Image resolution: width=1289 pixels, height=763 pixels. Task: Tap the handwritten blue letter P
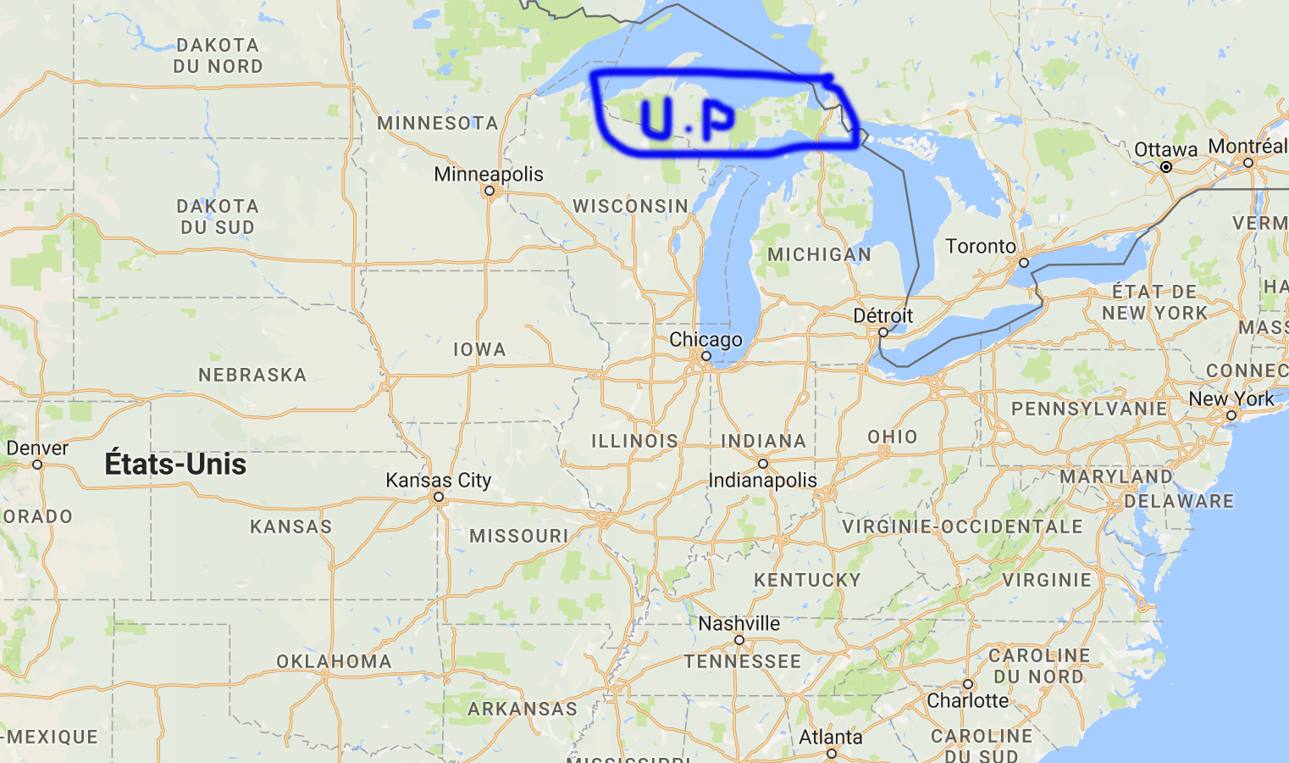coord(716,122)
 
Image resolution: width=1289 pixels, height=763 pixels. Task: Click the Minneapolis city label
coord(489,174)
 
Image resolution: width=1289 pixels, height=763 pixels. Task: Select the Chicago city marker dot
coord(705,356)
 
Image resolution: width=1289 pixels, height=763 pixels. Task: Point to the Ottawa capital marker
coord(1166,167)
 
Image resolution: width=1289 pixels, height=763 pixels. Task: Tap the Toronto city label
coord(980,247)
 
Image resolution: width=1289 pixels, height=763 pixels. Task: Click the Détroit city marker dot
coord(882,332)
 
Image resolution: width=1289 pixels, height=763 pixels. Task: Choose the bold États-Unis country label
coord(175,465)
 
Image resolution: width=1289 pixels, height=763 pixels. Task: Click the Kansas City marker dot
coord(439,497)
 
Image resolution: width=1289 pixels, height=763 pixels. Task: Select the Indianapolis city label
coord(762,481)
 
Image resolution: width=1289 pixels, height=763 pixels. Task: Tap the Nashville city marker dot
coord(739,640)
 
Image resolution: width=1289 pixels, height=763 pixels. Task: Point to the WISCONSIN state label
coord(630,206)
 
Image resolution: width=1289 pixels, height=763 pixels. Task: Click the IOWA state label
coord(479,349)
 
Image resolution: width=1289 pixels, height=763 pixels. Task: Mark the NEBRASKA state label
coord(252,375)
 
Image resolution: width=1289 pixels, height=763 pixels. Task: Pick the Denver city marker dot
coord(37,465)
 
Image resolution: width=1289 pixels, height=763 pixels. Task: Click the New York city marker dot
coord(1231,415)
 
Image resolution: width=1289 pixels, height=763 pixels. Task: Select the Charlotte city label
coord(967,701)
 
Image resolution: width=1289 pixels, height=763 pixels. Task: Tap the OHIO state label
coord(893,437)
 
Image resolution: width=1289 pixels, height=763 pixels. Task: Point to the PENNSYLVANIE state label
coord(1089,409)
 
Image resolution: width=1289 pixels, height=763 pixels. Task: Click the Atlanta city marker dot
coord(831,754)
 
